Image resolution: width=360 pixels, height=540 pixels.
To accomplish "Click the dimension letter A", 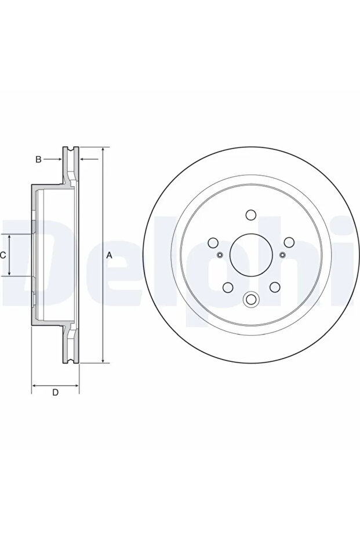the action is [109, 255].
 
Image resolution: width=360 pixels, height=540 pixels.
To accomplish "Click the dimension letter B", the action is [38, 159].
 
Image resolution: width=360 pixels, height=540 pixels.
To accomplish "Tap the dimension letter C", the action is [2, 255].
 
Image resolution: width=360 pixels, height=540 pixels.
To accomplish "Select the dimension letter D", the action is [56, 392].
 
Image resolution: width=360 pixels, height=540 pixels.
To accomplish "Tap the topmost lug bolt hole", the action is [251, 215].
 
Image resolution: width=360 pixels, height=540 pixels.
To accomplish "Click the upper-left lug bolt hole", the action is [213, 242].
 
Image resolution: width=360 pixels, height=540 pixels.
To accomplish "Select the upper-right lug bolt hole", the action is [289, 242].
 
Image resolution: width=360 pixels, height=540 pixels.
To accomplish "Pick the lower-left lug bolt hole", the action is [228, 287].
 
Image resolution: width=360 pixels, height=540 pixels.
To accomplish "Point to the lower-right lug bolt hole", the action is [275, 287].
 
